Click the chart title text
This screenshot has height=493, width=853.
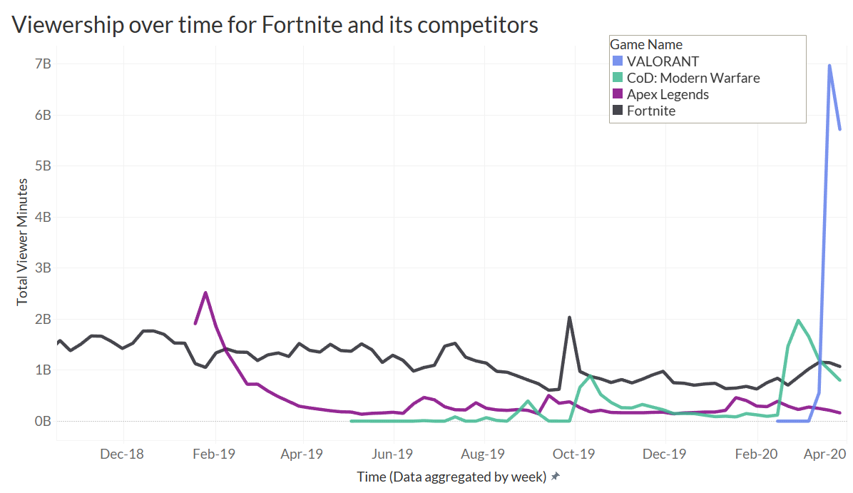[x=275, y=25]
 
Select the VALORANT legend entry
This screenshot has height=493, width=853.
[x=663, y=61]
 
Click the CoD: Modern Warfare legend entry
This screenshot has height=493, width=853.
[x=693, y=78]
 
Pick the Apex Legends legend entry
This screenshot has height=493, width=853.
[x=668, y=94]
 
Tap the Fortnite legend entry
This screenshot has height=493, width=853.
[x=650, y=111]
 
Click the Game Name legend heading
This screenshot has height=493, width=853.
[x=646, y=45]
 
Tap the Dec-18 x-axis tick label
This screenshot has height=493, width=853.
[x=123, y=453]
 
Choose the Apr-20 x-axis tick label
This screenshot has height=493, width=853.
[x=826, y=453]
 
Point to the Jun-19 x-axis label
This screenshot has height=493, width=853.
[x=394, y=453]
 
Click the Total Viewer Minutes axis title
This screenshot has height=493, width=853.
[x=23, y=243]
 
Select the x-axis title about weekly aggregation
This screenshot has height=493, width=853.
[x=451, y=476]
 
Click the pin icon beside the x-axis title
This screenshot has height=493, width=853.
[x=556, y=476]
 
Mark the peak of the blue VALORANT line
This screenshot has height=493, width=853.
[x=829, y=66]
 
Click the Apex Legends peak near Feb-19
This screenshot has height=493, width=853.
[x=205, y=293]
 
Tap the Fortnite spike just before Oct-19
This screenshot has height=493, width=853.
[x=569, y=317]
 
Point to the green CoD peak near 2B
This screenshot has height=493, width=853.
[x=798, y=320]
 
